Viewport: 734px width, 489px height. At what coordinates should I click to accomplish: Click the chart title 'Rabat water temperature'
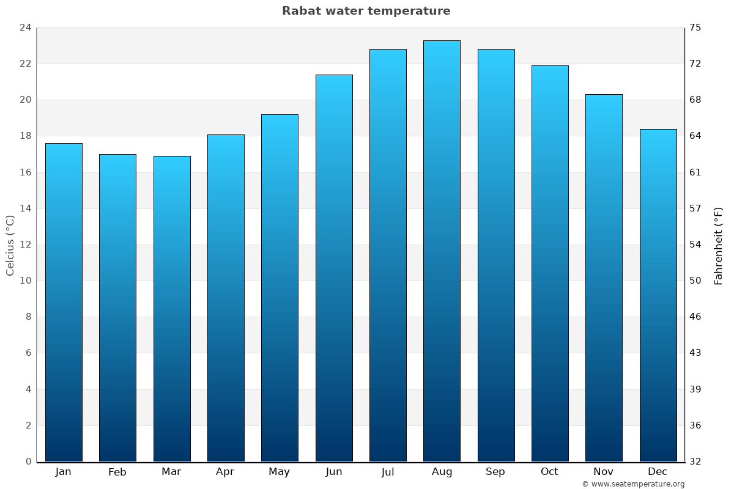(366, 11)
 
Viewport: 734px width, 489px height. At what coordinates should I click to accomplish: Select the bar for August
(442, 251)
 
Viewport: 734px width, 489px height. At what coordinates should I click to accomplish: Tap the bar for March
(172, 309)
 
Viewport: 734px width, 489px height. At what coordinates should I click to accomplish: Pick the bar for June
(334, 268)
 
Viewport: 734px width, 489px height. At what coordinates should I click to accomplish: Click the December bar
(658, 295)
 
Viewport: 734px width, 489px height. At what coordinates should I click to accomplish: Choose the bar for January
(64, 302)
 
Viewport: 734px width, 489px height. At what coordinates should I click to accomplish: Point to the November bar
(604, 278)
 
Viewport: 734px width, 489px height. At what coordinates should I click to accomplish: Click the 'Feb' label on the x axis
(117, 472)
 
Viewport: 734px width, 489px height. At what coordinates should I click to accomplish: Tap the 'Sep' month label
(495, 472)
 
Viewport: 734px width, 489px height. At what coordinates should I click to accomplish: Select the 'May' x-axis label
(280, 472)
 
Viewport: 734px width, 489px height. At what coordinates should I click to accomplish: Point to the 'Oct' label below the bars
(549, 472)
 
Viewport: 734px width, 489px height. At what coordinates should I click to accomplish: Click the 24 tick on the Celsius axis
(25, 28)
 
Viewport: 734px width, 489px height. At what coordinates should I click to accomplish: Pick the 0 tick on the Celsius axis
(28, 461)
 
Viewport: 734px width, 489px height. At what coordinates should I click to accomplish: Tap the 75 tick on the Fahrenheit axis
(696, 28)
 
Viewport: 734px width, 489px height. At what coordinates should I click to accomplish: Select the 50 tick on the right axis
(696, 281)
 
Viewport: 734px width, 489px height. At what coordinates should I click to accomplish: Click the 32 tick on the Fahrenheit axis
(696, 461)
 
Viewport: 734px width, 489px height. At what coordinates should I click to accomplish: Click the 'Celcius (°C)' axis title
(10, 245)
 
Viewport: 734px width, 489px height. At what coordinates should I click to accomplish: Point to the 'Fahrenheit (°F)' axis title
(719, 245)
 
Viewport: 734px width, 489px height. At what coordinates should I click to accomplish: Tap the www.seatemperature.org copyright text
(633, 484)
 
